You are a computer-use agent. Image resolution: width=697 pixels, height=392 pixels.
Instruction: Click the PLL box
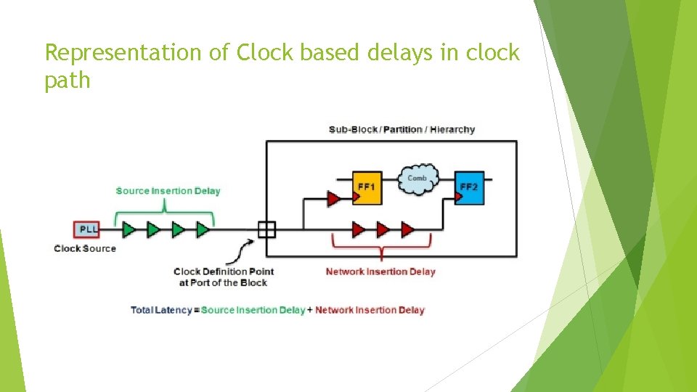pyautogui.click(x=88, y=229)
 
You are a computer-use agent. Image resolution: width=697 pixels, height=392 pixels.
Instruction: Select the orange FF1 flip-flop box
pyautogui.click(x=366, y=190)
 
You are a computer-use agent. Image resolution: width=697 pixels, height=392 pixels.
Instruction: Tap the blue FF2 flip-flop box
pyautogui.click(x=469, y=189)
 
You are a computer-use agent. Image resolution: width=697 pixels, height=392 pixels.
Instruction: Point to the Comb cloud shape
pyautogui.click(x=417, y=180)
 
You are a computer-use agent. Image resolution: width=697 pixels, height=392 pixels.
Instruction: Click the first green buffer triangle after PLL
pyautogui.click(x=129, y=229)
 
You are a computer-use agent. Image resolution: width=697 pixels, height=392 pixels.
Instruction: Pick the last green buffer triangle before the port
pyautogui.click(x=203, y=229)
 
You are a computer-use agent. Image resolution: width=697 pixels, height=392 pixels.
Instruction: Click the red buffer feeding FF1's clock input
pyautogui.click(x=334, y=197)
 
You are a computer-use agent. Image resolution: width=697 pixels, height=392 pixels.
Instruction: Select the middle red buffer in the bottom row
pyautogui.click(x=383, y=229)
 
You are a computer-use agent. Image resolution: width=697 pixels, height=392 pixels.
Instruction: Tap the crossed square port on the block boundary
pyautogui.click(x=266, y=229)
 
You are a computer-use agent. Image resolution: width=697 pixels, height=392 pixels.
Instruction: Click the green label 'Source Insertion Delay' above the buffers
pyautogui.click(x=168, y=191)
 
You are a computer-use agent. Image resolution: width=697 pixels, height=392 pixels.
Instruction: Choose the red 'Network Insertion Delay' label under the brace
pyautogui.click(x=380, y=271)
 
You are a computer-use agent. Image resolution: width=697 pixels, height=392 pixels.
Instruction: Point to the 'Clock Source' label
pyautogui.click(x=85, y=248)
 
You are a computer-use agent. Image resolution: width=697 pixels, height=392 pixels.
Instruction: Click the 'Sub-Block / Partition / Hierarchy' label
pyautogui.click(x=402, y=130)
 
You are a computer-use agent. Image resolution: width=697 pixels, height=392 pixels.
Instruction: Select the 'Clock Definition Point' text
pyautogui.click(x=224, y=271)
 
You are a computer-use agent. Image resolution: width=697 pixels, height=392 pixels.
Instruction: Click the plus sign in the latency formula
pyautogui.click(x=310, y=310)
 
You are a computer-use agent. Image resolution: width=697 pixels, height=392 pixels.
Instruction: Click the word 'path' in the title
pyautogui.click(x=68, y=81)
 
